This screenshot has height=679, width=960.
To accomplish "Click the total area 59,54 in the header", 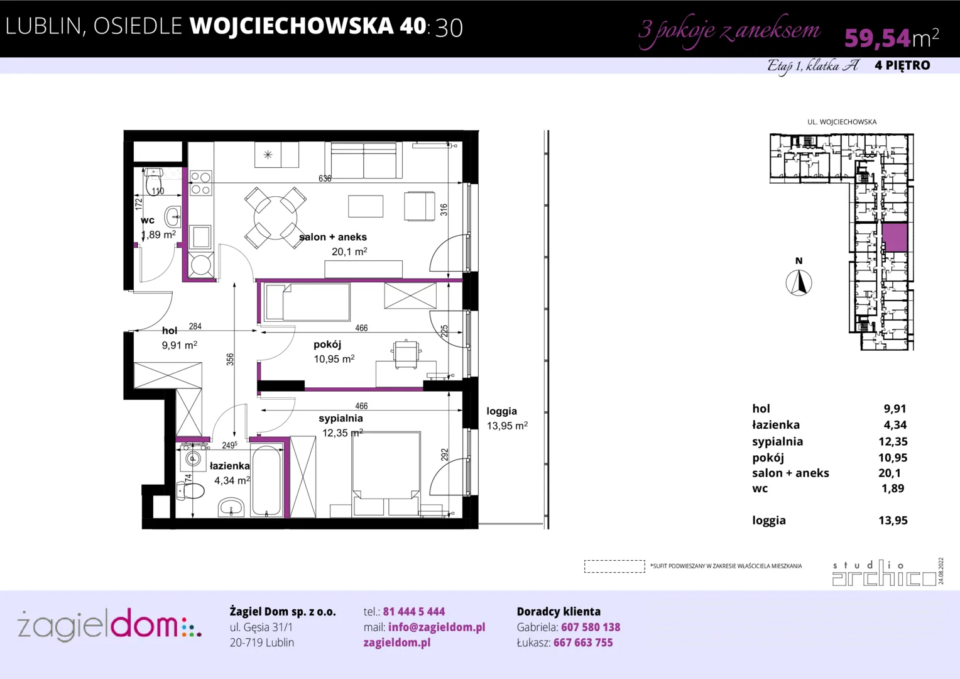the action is point(877,38).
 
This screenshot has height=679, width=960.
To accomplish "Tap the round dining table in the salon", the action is point(275,218).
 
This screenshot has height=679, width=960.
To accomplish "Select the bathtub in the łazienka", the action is point(266,480).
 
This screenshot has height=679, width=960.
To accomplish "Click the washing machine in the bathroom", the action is point(192,459).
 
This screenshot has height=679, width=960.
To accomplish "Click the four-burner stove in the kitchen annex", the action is point(200,183).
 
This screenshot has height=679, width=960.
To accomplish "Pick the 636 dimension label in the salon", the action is point(325,179).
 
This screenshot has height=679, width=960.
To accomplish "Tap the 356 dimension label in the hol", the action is point(230,360).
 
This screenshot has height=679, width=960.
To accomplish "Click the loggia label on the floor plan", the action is point(501,411).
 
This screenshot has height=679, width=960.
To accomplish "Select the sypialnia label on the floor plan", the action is point(341,418).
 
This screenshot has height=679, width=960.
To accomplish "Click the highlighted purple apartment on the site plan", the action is point(895,237).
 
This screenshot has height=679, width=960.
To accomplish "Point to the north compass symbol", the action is point(799,283).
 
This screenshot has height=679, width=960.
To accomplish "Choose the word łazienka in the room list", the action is point(776,424).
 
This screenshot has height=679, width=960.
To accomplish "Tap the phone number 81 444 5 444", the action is point(413,611).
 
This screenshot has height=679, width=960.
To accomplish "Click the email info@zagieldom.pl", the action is point(437,627).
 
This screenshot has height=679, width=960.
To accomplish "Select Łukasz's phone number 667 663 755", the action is point(583,643).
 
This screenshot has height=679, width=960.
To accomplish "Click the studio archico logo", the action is point(884,573).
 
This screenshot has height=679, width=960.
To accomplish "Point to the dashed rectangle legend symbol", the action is point(614,566).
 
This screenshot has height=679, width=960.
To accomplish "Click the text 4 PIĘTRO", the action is point(903,65).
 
